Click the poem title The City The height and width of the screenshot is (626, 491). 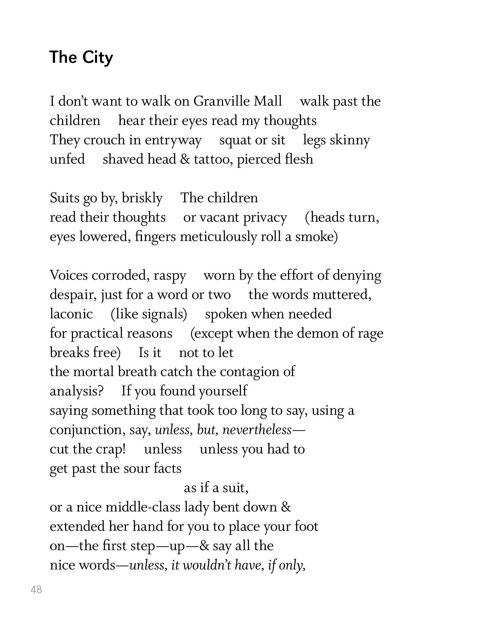click(x=81, y=57)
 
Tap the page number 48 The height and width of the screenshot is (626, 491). click(x=36, y=589)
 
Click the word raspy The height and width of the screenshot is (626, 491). click(x=170, y=276)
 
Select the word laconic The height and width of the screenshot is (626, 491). click(x=71, y=314)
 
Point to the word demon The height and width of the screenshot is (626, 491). click(x=317, y=333)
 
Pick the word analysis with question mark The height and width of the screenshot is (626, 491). click(x=76, y=391)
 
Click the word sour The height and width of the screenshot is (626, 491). click(x=137, y=469)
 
